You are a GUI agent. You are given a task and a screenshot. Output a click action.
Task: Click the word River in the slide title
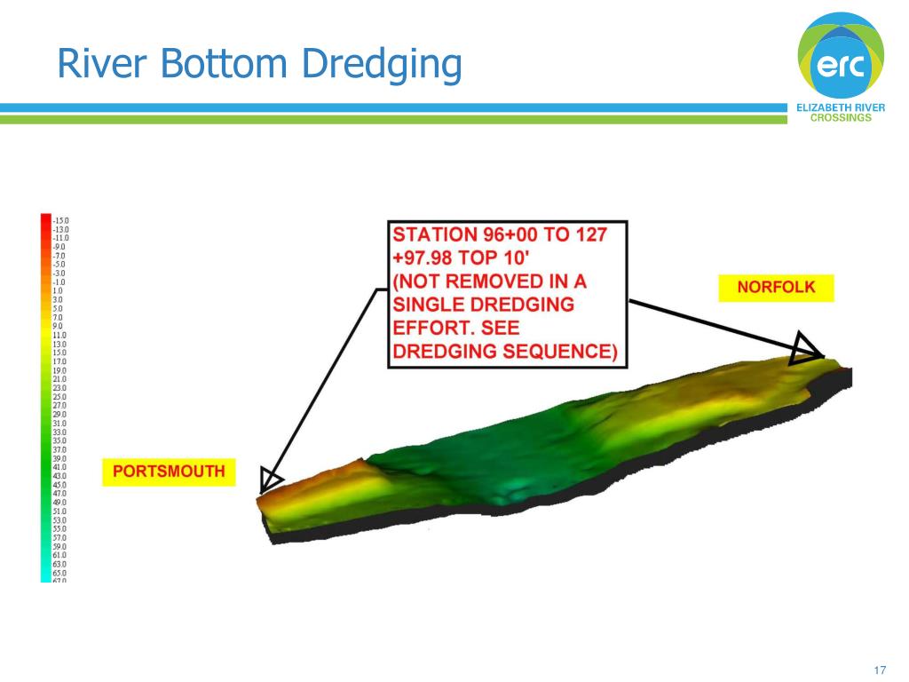coord(95,64)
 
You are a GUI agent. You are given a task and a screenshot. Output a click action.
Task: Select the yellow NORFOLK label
coord(776,288)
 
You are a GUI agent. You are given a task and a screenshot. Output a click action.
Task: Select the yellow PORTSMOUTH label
coord(169,472)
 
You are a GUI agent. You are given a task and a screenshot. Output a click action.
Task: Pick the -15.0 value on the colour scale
coord(60,220)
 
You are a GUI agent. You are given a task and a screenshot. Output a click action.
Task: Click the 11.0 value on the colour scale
coord(60,335)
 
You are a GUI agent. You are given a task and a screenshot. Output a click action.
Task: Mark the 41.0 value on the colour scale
coord(60,467)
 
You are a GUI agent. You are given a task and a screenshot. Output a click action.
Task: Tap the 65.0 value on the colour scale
coord(60,573)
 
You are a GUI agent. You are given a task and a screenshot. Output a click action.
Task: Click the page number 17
coord(881,670)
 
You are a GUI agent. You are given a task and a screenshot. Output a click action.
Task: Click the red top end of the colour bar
coord(46,218)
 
